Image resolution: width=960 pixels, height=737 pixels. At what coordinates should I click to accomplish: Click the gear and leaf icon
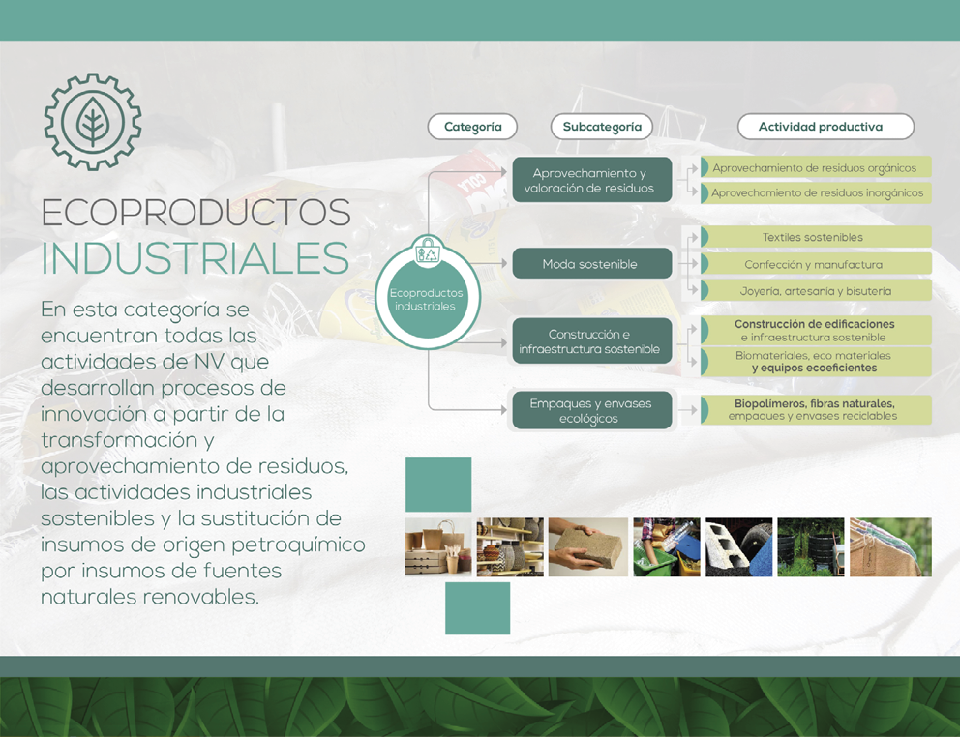93,122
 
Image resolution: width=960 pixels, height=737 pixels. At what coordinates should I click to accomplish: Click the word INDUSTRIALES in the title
195,258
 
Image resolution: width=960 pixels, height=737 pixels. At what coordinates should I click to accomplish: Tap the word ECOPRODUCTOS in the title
195,213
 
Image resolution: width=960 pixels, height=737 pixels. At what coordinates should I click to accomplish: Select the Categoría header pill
472,127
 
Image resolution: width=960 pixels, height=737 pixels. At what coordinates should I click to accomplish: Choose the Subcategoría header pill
602,127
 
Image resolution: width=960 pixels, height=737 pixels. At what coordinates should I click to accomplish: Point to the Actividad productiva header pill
825,127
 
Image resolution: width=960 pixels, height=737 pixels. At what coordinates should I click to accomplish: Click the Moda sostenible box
592,264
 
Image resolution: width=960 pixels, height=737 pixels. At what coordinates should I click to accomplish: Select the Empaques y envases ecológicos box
592,411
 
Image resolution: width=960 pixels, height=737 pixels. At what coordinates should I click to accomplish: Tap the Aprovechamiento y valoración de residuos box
592,180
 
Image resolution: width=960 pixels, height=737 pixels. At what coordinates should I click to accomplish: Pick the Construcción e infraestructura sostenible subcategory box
592,341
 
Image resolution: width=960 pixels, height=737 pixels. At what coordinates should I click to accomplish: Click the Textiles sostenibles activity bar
816,237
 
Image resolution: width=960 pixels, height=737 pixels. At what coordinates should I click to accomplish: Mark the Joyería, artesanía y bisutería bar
816,291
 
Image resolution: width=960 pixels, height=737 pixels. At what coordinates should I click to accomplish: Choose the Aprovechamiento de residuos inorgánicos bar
816,192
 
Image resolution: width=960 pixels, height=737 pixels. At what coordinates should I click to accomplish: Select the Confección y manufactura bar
816,264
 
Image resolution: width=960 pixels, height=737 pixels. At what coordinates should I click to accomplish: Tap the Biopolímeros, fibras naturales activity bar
816,409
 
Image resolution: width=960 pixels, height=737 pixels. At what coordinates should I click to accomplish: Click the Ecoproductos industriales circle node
428,298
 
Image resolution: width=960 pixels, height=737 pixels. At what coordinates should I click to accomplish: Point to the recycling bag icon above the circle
428,251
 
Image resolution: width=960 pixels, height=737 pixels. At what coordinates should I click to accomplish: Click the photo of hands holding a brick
588,547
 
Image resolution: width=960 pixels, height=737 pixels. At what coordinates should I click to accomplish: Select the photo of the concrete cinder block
738,547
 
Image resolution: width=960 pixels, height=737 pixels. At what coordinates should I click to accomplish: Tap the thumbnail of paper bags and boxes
438,547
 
